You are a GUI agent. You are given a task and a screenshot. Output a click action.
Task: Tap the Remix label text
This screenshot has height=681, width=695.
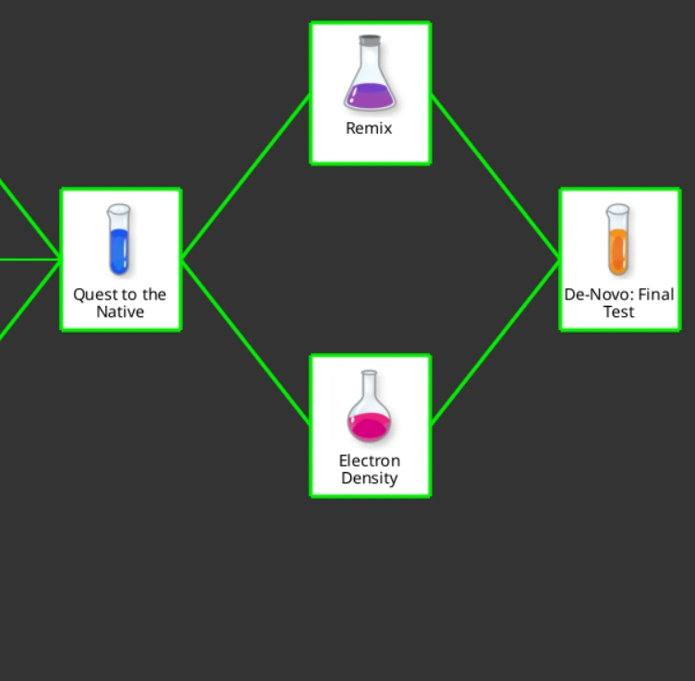tap(369, 128)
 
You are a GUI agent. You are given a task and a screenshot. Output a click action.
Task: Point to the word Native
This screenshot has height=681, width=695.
tap(120, 312)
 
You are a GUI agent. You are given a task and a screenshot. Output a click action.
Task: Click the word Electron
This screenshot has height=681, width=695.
tap(370, 461)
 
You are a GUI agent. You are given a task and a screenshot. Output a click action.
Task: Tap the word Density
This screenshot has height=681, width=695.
tap(370, 479)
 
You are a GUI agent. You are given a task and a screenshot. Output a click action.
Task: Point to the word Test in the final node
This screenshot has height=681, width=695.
tap(619, 312)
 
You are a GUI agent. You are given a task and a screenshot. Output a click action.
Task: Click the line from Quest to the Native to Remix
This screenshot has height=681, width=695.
tap(246, 176)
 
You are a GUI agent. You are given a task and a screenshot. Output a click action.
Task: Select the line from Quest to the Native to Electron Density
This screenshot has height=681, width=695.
tap(246, 343)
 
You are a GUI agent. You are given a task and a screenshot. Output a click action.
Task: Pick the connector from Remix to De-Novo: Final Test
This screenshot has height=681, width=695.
tap(495, 176)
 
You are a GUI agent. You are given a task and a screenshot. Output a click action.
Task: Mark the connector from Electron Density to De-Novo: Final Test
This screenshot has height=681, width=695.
tap(495, 343)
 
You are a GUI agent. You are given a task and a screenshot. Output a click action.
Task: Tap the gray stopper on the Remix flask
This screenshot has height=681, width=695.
tap(370, 41)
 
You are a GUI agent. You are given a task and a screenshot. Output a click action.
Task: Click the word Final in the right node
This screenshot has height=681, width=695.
tap(656, 295)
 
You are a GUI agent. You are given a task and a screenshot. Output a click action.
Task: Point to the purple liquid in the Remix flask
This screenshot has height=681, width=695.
tap(370, 95)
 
